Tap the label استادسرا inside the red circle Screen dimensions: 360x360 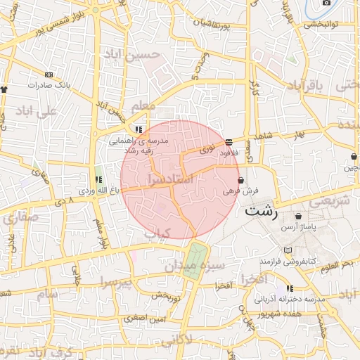(x=168, y=180)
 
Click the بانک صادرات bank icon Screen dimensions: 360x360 (x=49, y=75)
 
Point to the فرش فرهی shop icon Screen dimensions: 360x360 (x=241, y=180)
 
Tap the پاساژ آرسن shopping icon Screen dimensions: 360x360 (x=300, y=217)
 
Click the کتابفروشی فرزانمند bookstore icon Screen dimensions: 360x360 (x=287, y=250)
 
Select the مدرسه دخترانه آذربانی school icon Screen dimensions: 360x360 (x=290, y=288)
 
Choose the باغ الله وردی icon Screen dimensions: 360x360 (x=98, y=180)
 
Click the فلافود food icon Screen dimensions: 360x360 (x=229, y=142)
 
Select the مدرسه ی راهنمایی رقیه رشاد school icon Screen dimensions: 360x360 (x=139, y=129)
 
